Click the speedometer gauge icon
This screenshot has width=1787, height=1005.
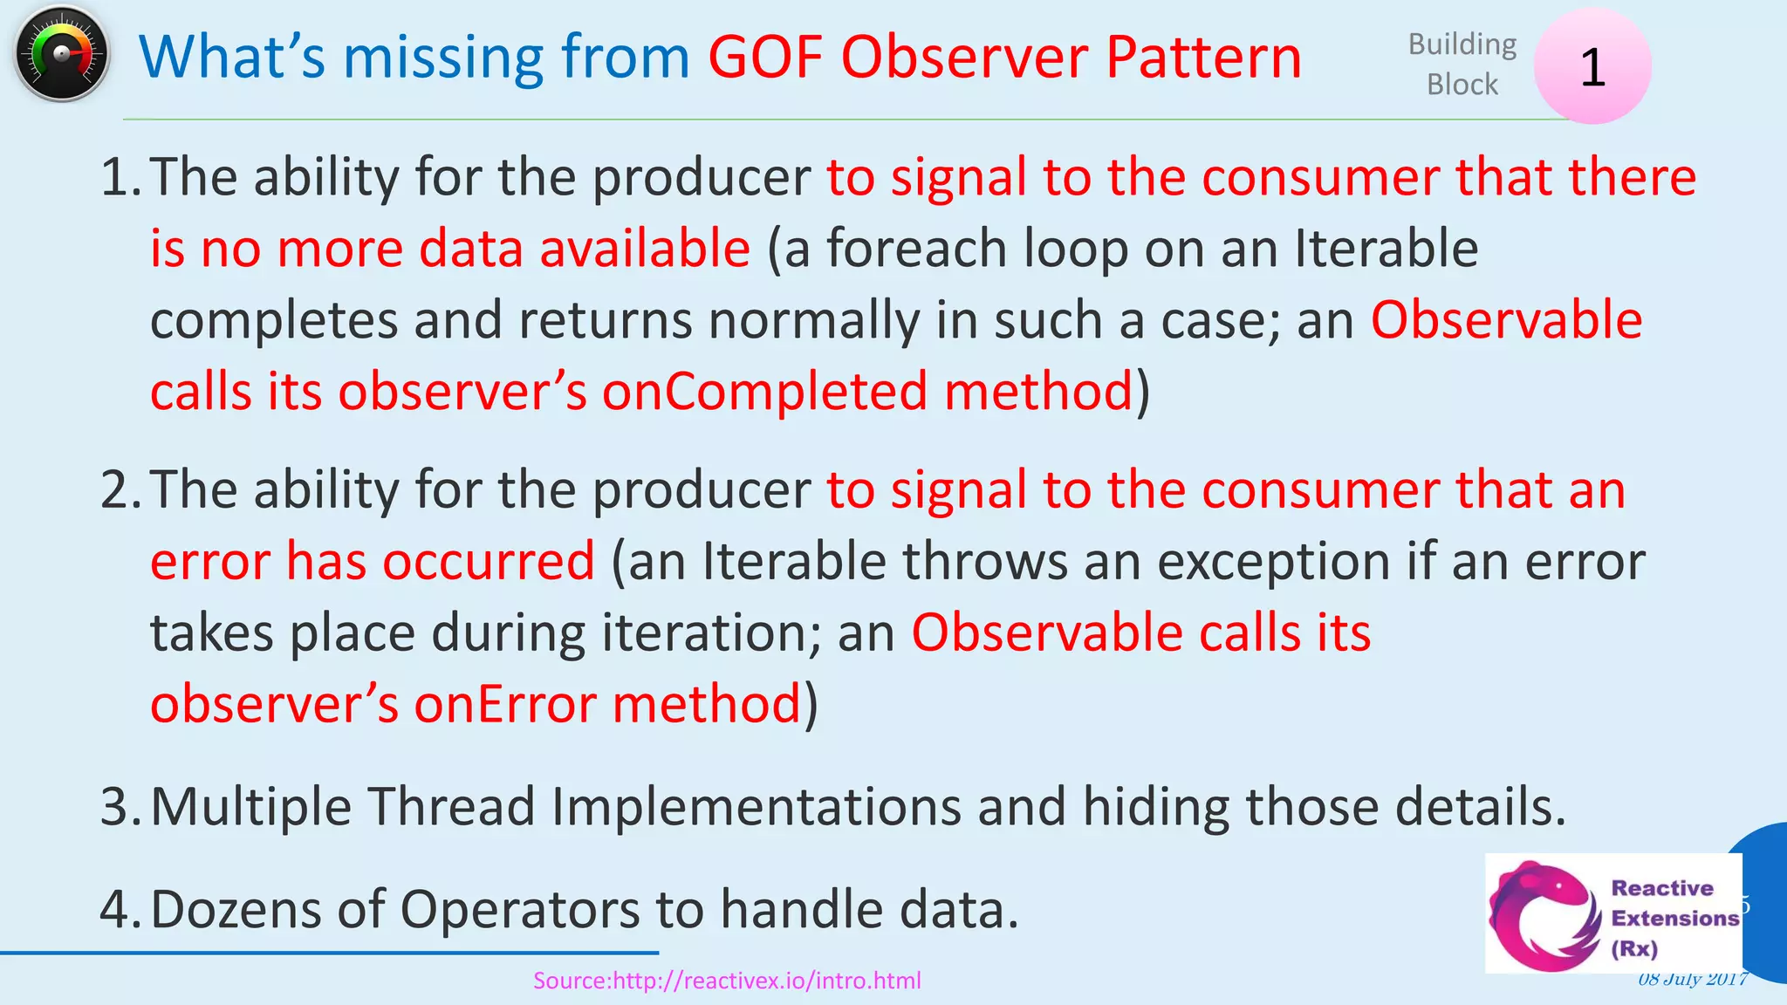[x=61, y=54]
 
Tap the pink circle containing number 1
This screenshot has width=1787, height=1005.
[x=1592, y=66]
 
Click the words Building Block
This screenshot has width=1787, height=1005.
[x=1462, y=64]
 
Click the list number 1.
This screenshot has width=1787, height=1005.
[x=120, y=177]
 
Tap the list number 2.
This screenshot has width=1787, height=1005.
[x=120, y=489]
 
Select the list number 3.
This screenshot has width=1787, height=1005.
[x=120, y=806]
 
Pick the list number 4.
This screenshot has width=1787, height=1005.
[x=120, y=910]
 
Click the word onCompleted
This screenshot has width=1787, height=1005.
[x=764, y=391]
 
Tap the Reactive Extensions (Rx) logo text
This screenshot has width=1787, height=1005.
[x=1674, y=918]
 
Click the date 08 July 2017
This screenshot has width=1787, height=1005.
[x=1692, y=979]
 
